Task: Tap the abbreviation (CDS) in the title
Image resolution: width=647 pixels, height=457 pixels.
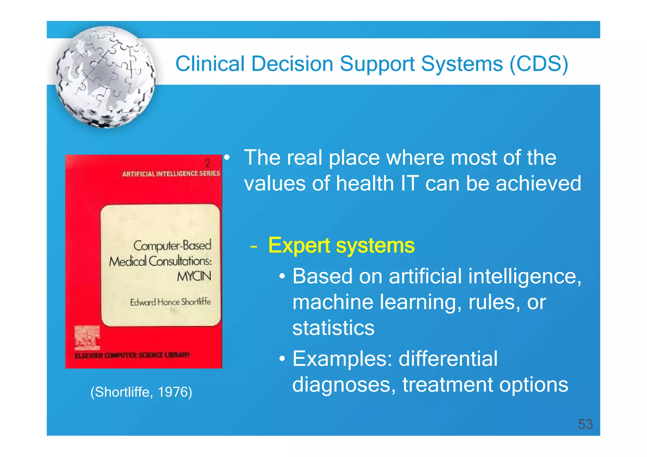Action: (539, 64)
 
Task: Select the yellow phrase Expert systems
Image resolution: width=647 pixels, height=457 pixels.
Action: (341, 245)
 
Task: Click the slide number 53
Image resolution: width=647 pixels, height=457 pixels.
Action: (585, 424)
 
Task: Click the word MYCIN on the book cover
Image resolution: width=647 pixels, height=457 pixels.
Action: (194, 276)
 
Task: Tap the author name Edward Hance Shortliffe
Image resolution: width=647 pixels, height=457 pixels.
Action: (170, 302)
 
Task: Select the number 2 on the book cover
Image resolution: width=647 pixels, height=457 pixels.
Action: (208, 163)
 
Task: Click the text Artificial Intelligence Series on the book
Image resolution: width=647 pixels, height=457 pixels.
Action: (171, 174)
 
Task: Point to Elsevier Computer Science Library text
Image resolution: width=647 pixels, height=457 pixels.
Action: (132, 355)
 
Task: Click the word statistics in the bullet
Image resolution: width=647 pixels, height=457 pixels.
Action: (333, 328)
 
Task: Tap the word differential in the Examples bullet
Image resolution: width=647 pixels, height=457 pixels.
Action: (448, 359)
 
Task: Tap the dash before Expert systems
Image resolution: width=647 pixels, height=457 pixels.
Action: (253, 247)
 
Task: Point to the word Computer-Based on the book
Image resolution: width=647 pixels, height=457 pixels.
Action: (172, 246)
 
